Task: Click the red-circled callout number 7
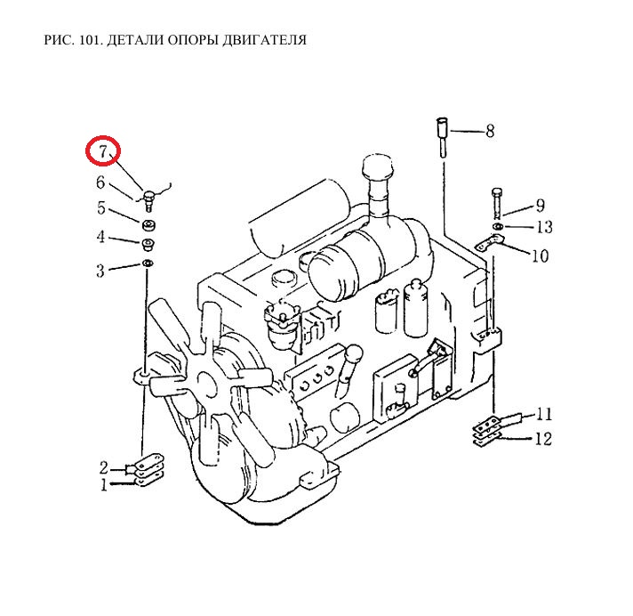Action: [x=104, y=151]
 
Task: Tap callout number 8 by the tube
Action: [x=490, y=131]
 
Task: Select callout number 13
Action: [x=544, y=227]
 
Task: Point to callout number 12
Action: [x=543, y=439]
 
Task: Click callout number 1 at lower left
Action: [x=104, y=484]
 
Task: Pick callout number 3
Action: [x=100, y=271]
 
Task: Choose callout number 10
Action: [x=541, y=255]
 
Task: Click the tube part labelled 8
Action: [x=442, y=136]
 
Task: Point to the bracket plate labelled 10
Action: [x=491, y=242]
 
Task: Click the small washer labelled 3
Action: [x=148, y=263]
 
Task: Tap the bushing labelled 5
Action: [x=148, y=225]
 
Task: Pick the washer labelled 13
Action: [x=497, y=226]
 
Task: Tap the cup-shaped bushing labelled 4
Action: [x=148, y=245]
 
